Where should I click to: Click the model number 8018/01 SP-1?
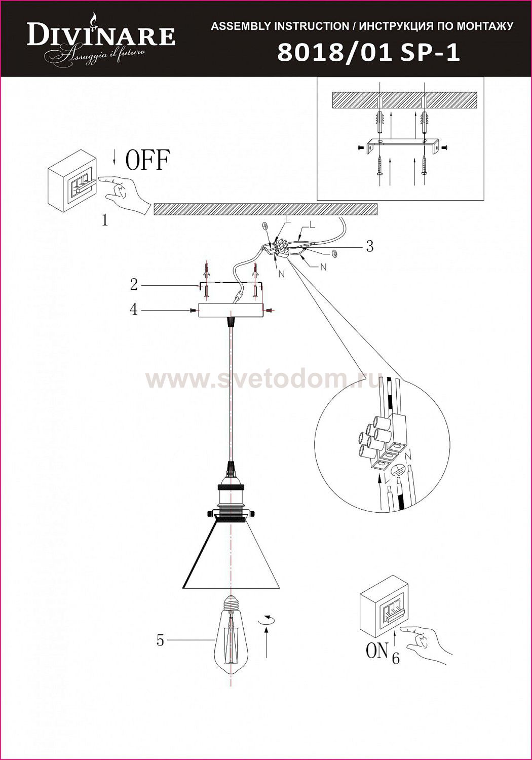(x=369, y=53)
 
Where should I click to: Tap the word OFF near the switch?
(x=147, y=160)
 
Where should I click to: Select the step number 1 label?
(x=105, y=221)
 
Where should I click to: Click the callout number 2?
(x=134, y=284)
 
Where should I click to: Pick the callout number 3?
(x=370, y=246)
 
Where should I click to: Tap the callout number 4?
(x=134, y=310)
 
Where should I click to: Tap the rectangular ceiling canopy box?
(x=231, y=310)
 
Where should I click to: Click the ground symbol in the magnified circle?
(x=395, y=470)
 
